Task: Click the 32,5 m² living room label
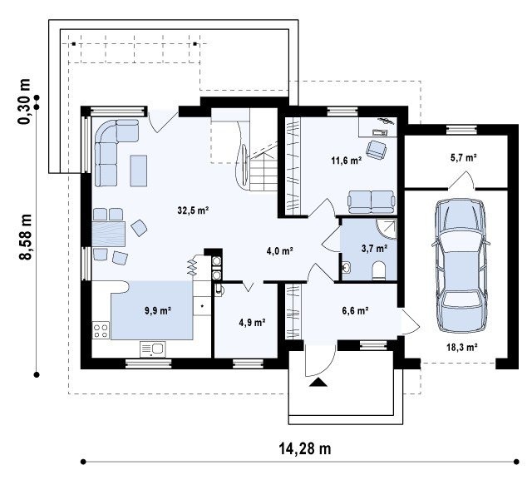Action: tap(193, 210)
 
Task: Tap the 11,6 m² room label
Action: tap(346, 161)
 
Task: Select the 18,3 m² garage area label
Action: tap(462, 347)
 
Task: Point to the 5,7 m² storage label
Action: tap(464, 157)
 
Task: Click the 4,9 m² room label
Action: tap(252, 322)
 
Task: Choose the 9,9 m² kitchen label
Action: tap(158, 310)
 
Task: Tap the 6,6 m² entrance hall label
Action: tap(355, 310)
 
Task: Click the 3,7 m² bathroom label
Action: tap(375, 249)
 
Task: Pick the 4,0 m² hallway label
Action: tap(280, 251)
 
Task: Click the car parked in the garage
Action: tap(461, 265)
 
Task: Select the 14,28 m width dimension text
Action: tap(305, 448)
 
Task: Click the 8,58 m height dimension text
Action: tap(25, 237)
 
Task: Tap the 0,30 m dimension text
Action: tap(24, 101)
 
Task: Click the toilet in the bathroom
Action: tap(379, 270)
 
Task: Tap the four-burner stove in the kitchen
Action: tap(101, 330)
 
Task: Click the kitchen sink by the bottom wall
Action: tap(152, 349)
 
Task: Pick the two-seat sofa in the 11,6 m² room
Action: tap(372, 202)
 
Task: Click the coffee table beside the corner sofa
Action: tap(139, 171)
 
